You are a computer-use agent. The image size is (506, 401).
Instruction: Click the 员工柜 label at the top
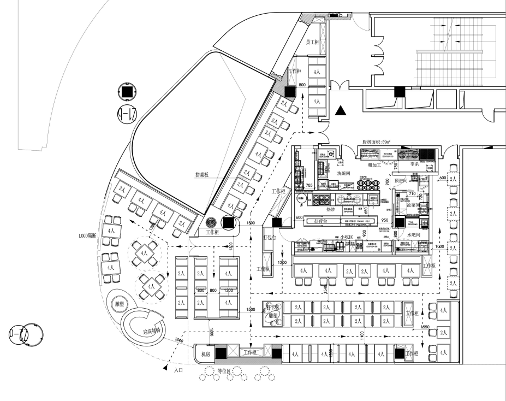click(x=312, y=42)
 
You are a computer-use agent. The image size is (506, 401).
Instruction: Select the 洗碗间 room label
click(x=346, y=173)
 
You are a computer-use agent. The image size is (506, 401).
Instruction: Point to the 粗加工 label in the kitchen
click(x=374, y=164)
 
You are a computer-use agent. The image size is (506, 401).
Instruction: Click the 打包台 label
click(x=270, y=238)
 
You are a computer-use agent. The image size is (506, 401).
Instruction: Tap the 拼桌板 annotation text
click(x=203, y=175)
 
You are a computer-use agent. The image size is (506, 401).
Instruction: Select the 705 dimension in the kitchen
click(x=309, y=186)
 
